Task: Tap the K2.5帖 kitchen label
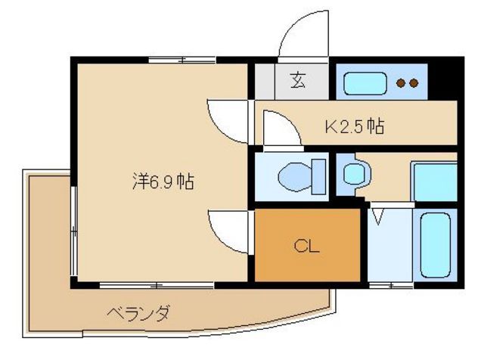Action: [355, 126]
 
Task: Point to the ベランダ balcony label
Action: [137, 312]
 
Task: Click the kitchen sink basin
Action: [365, 82]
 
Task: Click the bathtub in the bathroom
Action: [435, 244]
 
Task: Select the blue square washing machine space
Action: [434, 182]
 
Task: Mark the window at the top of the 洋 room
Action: [185, 60]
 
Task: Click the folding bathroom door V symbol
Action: [380, 216]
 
